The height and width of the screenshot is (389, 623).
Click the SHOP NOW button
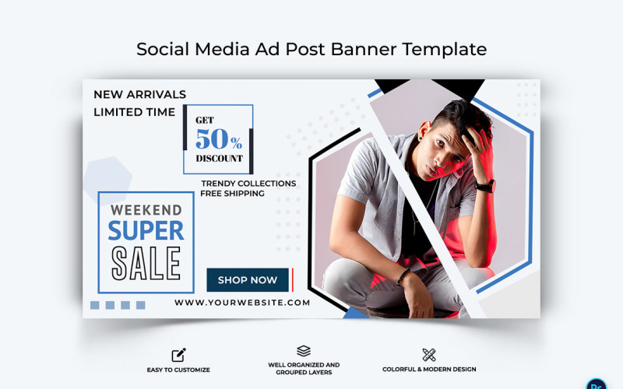pos(248,280)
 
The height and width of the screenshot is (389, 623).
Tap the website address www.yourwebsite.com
pos(242,303)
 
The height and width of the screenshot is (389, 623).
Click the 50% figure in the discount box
pos(218,139)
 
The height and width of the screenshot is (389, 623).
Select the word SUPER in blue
pos(146,230)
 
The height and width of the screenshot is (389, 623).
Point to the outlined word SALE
pos(146,262)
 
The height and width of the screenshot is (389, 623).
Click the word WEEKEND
pos(146,209)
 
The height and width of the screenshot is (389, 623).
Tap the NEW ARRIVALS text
pos(139,94)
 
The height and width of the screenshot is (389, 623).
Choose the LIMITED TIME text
pos(135,112)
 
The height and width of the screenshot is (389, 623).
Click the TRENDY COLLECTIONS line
pos(248,184)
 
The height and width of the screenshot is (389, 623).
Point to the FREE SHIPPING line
pos(232,193)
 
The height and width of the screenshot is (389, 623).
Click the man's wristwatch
pos(486,185)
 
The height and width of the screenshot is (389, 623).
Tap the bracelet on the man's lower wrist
pos(403,275)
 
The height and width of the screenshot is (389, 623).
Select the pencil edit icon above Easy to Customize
pos(178,355)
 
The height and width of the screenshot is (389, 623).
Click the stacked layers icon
pos(304,352)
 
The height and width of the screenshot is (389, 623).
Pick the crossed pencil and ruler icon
pos(429,355)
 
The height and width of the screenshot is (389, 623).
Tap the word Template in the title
pos(444,49)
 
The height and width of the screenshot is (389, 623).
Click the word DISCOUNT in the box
pos(219,158)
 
